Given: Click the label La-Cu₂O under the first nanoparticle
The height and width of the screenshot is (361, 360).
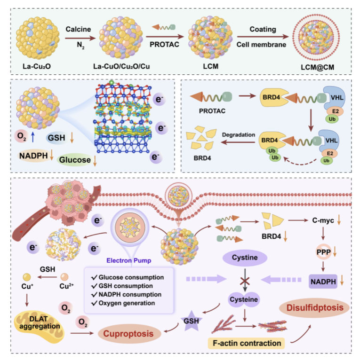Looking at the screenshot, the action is (x=37, y=66).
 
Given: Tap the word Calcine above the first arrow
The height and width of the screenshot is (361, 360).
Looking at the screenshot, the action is (x=78, y=29).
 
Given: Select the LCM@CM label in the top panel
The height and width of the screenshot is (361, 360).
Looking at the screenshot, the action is (x=317, y=67).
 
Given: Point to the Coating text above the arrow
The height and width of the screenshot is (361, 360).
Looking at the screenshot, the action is (x=263, y=29).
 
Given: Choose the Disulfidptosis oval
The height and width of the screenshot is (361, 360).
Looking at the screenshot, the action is (x=314, y=308).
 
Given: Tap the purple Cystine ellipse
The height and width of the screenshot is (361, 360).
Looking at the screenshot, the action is (x=245, y=258).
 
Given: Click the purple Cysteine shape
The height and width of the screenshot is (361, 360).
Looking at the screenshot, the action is (x=244, y=299).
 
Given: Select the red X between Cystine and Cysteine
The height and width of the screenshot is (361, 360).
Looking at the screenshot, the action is (x=245, y=281).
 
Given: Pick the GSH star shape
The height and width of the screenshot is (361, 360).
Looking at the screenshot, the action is (x=191, y=321).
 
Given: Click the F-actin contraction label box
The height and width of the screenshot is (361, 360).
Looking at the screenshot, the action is (x=247, y=343).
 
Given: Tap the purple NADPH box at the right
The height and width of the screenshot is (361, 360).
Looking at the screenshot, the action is (x=323, y=282).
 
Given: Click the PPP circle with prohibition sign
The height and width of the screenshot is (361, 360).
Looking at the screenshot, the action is (x=323, y=252).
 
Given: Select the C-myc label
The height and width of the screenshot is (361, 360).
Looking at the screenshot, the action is (x=323, y=220).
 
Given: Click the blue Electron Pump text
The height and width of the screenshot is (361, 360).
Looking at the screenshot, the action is (x=129, y=260).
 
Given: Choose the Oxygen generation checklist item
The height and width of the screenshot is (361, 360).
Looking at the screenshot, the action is (x=123, y=303).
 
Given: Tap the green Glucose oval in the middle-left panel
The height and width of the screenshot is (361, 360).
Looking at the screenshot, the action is (x=75, y=159).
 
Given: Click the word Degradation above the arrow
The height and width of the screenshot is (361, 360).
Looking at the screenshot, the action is (x=239, y=135).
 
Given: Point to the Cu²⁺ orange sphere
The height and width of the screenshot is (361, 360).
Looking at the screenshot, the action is (x=64, y=277).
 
